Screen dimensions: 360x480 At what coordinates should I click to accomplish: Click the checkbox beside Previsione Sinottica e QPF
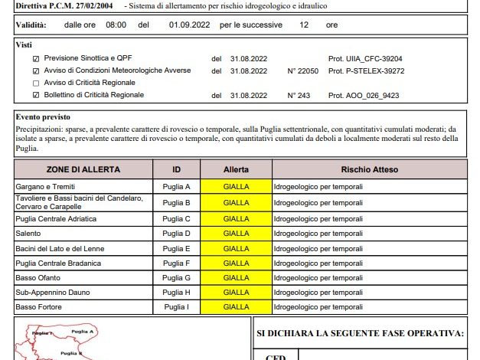[35, 58]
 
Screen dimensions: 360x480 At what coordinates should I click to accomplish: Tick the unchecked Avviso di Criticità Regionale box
[35, 83]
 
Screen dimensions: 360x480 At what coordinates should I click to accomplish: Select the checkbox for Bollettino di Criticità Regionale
[35, 95]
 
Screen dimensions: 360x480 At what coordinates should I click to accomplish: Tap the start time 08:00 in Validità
[116, 25]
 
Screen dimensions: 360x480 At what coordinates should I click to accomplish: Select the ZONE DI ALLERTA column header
[83, 169]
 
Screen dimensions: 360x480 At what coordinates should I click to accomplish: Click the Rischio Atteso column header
[369, 169]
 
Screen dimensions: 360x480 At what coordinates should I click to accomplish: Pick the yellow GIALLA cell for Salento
[236, 234]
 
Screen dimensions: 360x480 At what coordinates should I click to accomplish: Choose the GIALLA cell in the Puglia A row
[236, 187]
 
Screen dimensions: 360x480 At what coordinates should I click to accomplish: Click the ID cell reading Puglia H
[176, 293]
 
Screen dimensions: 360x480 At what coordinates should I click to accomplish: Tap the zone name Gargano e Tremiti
[46, 187]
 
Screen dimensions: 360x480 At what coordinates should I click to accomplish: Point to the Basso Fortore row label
[39, 307]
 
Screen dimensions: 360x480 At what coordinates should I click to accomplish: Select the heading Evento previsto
[43, 118]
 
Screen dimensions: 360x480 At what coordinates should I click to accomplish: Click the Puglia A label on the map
[82, 331]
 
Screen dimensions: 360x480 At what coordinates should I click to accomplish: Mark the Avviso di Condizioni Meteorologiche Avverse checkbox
[35, 70]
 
